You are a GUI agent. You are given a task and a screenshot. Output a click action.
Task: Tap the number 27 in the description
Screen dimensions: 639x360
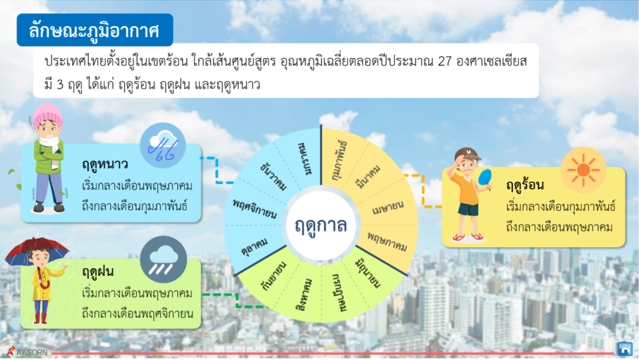click(444, 62)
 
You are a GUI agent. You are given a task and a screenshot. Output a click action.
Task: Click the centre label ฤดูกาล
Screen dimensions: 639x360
click(321, 225)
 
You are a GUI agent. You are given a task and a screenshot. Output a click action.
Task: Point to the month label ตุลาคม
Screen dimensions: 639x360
click(254, 247)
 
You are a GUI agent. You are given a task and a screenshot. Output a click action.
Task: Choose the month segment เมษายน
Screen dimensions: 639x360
click(388, 207)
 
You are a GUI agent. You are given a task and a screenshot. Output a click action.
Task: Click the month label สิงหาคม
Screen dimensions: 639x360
click(305, 294)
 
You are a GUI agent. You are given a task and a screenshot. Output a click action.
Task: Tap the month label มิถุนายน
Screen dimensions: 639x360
click(368, 273)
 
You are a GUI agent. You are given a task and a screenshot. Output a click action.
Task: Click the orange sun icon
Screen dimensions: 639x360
click(583, 170)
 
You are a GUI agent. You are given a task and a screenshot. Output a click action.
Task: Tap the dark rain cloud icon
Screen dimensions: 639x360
click(163, 260)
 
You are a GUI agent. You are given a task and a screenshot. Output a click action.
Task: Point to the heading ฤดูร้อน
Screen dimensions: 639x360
click(525, 185)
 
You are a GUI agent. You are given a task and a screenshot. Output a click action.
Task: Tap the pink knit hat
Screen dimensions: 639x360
click(47, 115)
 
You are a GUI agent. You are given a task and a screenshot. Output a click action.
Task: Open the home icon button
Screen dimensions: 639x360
click(625, 349)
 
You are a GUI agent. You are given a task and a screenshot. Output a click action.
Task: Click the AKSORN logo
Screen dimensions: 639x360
click(27, 352)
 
